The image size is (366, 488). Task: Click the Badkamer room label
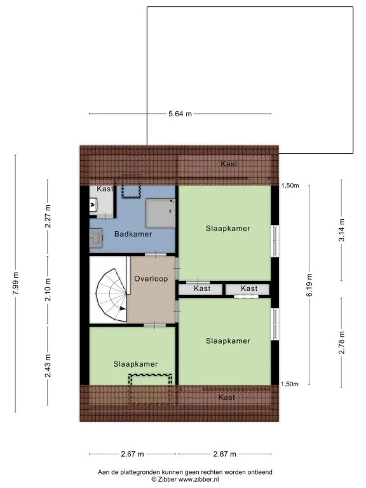[133, 234]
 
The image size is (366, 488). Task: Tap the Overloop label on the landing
[151, 279]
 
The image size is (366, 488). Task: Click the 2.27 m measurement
[47, 217]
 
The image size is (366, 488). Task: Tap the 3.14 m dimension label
[341, 229]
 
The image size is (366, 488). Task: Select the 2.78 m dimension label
[341, 343]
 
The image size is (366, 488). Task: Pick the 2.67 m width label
[132, 454]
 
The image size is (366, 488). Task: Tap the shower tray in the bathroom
[159, 213]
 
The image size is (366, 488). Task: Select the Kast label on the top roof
[229, 164]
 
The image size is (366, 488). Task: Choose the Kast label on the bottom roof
[226, 397]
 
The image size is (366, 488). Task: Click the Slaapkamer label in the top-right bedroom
[227, 228]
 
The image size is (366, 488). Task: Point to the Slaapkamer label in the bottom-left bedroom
[135, 364]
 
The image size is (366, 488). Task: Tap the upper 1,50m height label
[289, 186]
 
